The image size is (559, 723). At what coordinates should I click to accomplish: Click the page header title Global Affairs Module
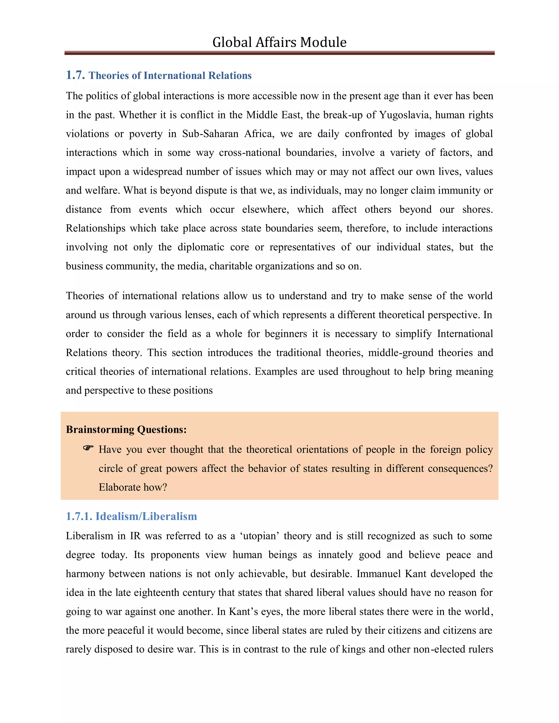pyautogui.click(x=279, y=42)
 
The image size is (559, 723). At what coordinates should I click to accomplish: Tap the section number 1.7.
pyautogui.click(x=76, y=75)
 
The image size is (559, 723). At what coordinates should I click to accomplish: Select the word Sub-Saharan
pyautogui.click(x=210, y=134)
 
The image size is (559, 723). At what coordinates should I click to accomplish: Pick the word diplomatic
pyautogui.click(x=213, y=247)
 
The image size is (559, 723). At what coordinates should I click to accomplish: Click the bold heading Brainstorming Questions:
pyautogui.click(x=126, y=429)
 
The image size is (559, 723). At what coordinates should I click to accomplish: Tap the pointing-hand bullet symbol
pyautogui.click(x=88, y=448)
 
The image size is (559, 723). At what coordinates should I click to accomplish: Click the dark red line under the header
pyautogui.click(x=279, y=53)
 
